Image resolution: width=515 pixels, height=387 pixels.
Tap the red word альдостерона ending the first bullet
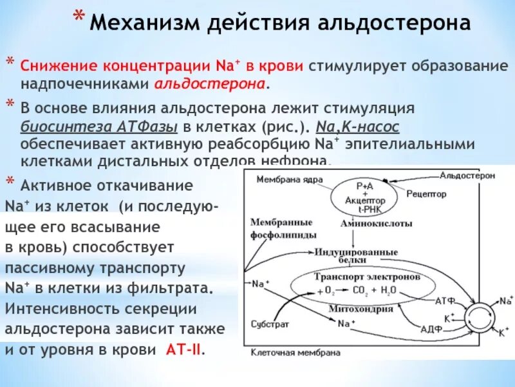pos(210,84)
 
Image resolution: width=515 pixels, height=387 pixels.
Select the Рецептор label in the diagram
pos(426,193)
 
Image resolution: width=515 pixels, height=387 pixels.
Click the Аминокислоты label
pos(369,223)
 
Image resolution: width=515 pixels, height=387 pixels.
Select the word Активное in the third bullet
pos(52,186)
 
